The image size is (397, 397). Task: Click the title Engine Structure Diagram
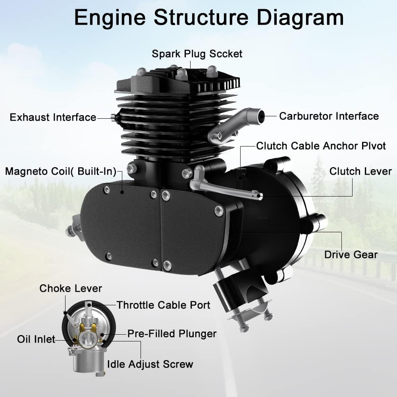point(209,18)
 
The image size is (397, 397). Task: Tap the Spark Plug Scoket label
point(197,54)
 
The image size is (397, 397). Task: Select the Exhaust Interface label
point(53,118)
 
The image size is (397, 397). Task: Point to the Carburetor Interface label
point(329,116)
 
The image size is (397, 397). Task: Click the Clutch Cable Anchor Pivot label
point(321,146)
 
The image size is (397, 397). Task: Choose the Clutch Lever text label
point(360,172)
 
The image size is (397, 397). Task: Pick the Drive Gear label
point(351,254)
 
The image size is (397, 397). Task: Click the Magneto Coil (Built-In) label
point(60,172)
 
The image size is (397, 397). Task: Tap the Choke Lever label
point(71,289)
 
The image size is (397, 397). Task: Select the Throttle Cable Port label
point(163,305)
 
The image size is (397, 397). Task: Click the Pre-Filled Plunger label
point(172,333)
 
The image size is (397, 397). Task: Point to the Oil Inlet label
point(36,339)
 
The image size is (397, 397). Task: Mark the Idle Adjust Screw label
point(150,364)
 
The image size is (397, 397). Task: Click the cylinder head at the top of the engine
point(179,83)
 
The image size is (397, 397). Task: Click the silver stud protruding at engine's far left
point(72,231)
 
